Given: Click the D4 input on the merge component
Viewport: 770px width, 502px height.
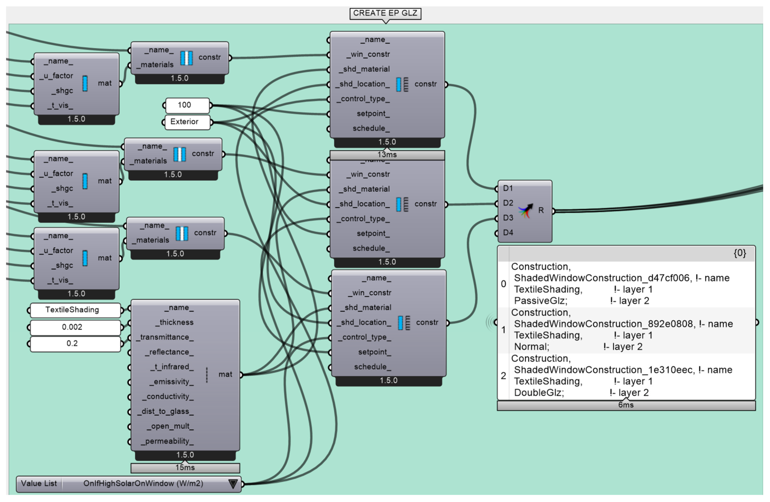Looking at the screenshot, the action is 508,233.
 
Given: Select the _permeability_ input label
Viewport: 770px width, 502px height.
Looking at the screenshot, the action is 167,441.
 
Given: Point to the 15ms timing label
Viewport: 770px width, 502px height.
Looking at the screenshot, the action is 185,468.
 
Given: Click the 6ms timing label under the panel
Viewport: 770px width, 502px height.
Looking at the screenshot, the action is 626,405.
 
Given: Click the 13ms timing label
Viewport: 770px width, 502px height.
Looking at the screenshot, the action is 387,155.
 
